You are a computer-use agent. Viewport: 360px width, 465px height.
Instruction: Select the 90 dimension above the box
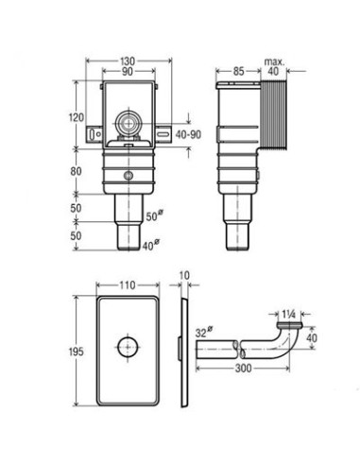127,72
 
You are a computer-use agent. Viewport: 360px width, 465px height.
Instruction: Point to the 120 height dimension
77,117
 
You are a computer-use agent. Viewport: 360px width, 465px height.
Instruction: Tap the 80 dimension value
76,171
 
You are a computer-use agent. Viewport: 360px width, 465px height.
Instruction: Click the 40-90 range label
188,135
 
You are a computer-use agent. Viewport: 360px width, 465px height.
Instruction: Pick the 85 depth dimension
238,71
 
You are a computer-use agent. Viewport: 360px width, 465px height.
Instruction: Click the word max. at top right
274,61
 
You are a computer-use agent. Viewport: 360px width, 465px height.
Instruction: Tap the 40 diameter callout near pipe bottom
151,245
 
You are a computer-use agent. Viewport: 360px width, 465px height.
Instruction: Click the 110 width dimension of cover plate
128,285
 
